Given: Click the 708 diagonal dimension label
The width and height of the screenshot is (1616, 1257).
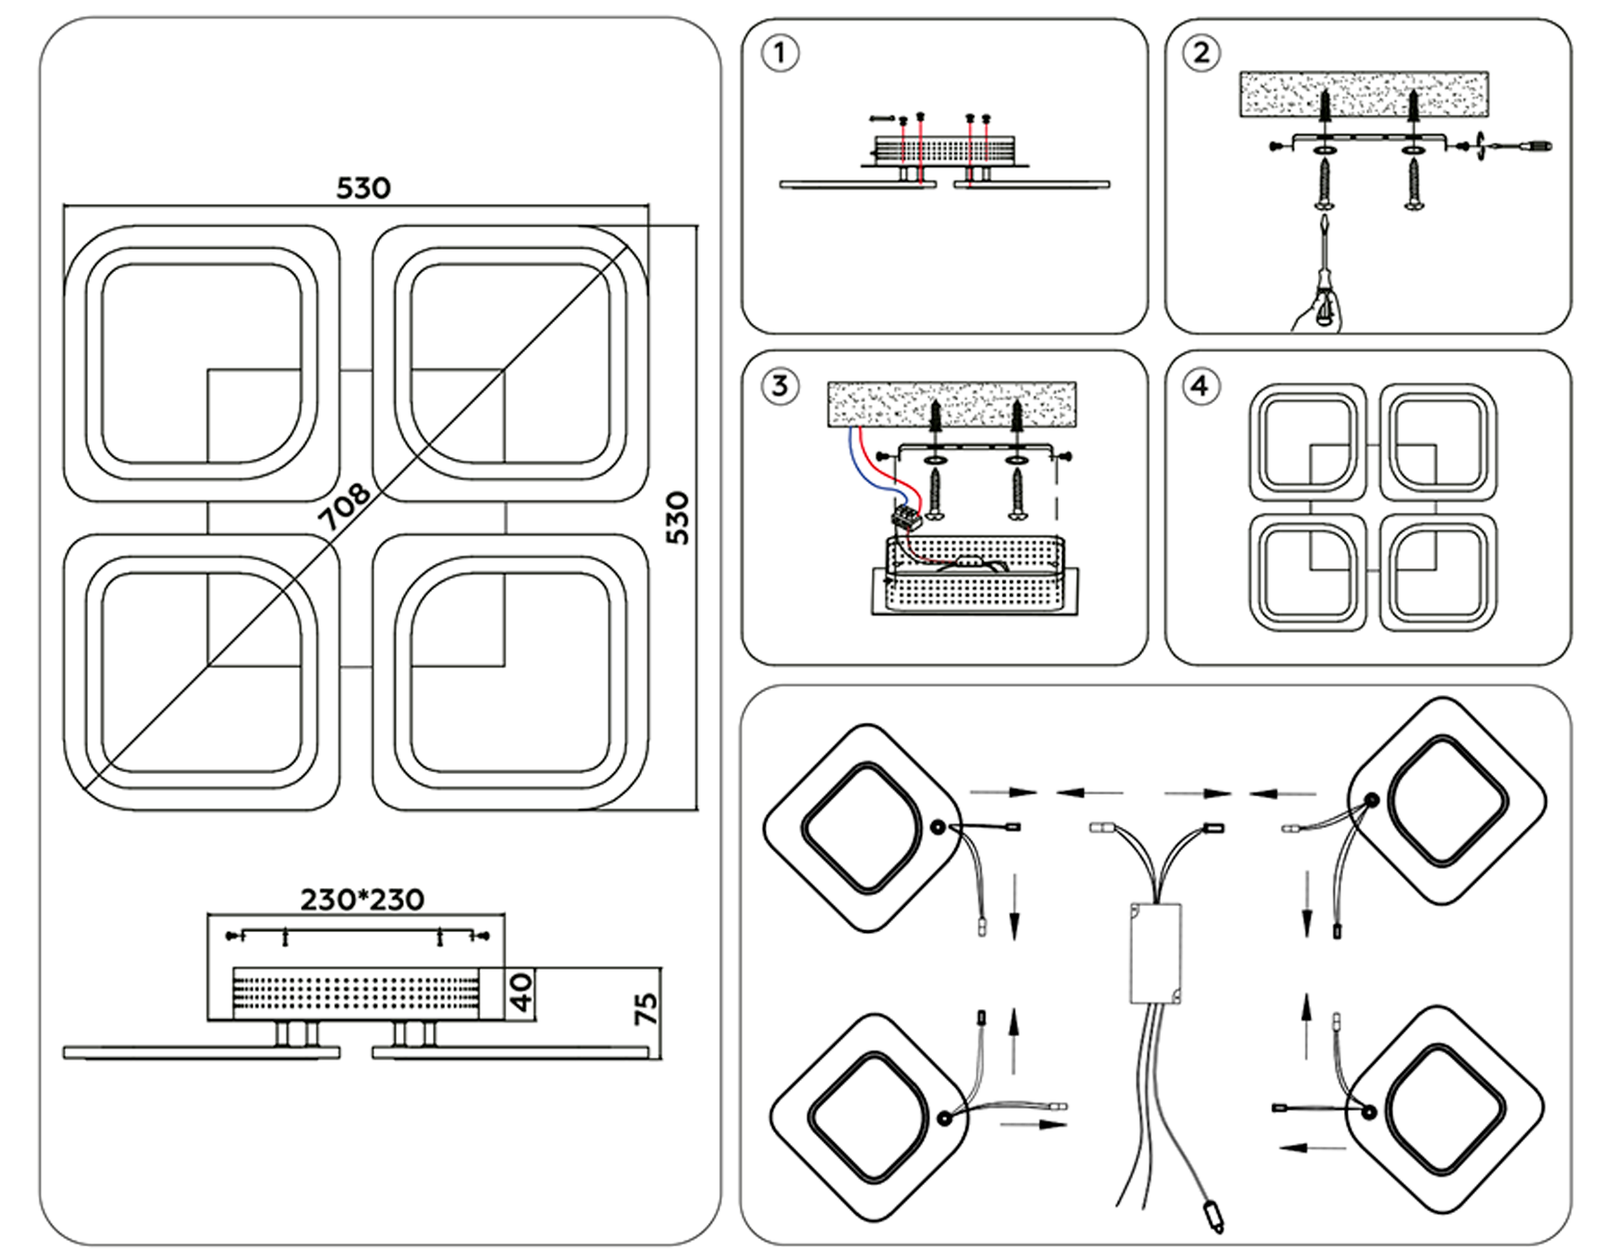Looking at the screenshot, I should coord(346,507).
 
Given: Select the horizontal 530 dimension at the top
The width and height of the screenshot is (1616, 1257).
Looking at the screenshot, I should coord(363,189).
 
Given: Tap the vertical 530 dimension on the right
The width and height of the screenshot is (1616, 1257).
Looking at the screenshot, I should coord(678,518).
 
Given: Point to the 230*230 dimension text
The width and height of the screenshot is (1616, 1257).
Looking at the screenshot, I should coord(362,900).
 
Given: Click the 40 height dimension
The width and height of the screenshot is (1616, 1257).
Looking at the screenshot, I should coord(521,993).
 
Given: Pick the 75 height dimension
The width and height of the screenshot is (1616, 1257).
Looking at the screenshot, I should coord(646,1009).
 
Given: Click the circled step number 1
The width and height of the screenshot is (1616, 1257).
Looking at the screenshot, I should coord(779,53).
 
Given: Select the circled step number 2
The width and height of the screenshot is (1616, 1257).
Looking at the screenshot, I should coord(1201,53).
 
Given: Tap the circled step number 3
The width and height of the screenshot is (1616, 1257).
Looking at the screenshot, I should coord(779,386).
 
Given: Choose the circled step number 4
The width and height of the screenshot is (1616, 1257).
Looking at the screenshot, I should coord(1200,386).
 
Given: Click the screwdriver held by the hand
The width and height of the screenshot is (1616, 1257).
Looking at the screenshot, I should coord(1322,269).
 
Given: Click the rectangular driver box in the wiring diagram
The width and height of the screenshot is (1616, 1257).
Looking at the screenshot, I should coord(1155,953).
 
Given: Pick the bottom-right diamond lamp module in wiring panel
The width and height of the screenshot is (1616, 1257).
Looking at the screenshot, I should coord(1445,1112).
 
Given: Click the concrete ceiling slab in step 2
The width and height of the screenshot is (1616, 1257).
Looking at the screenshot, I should coord(1364,93).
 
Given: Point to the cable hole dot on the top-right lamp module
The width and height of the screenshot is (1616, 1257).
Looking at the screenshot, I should coord(1372,799).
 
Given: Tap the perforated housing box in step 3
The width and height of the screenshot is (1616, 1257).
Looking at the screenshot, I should coord(974,576).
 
